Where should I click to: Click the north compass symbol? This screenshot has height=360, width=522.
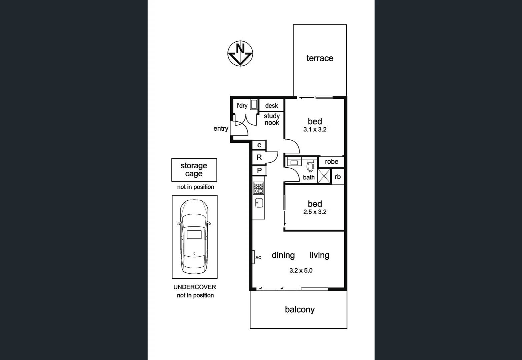pos(240,53)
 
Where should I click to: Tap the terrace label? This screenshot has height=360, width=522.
pos(320,58)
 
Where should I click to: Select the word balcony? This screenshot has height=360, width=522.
pos(300,310)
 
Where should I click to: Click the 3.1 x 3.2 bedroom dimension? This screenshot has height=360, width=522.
pos(315,130)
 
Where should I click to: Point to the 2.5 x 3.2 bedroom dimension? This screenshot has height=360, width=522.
pos(315,212)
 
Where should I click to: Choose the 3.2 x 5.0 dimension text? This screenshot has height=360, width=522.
pos(301,271)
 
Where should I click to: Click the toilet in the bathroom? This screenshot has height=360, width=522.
pos(310,165)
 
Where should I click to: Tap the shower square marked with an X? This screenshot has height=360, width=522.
pos(324,176)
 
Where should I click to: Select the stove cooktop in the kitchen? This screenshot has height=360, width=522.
pos(258,188)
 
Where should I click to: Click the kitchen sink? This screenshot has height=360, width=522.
pos(259,203)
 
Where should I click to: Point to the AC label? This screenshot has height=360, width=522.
pos(258,258)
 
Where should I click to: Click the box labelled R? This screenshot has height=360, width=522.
pos(259,157)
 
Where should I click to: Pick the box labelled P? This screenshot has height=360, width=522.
pos(259,171)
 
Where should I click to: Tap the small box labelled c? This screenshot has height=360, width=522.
pos(259,145)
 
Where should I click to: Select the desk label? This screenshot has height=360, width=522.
pos(271,106)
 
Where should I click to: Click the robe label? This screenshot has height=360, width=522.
pos(331,162)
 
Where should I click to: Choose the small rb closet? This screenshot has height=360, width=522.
pos(338,177)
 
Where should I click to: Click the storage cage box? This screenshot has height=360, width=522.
pos(194,170)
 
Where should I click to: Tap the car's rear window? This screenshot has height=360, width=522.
pos(194,234)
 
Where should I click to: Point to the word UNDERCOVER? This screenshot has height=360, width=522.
pos(194,287)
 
